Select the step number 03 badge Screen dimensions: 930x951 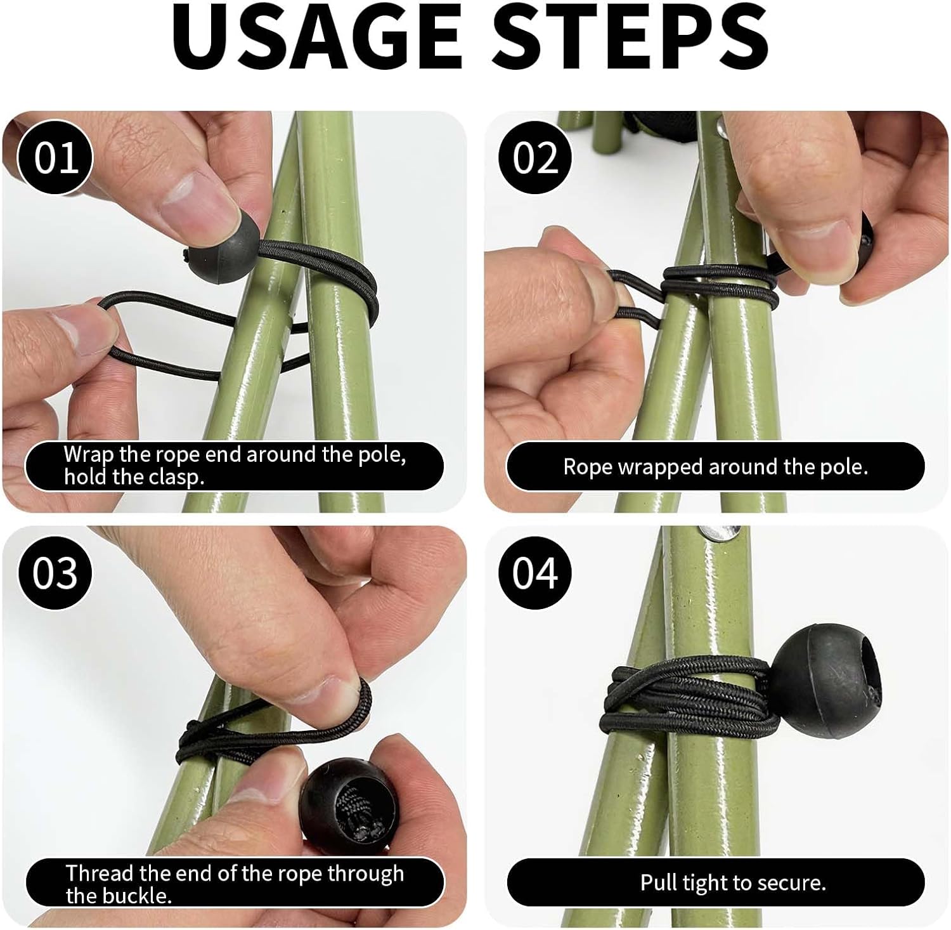56,573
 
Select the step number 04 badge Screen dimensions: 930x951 535,573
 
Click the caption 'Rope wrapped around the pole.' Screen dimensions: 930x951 715,467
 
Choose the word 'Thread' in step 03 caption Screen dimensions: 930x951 100,874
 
